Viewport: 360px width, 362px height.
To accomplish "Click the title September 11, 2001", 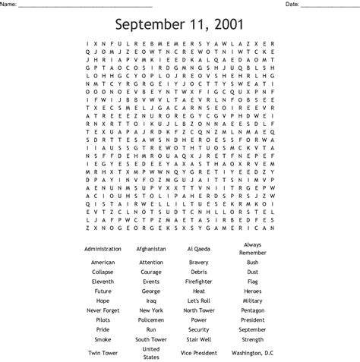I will [x=179, y=24].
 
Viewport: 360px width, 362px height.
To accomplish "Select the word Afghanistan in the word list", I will [x=151, y=248].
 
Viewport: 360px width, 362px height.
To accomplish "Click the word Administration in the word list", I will [x=103, y=248].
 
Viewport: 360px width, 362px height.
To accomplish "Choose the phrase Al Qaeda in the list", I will [x=199, y=248].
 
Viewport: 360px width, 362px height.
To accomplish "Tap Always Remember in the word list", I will [x=252, y=248].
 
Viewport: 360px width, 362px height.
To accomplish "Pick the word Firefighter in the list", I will [x=199, y=281].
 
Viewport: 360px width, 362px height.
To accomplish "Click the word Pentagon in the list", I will [x=252, y=310].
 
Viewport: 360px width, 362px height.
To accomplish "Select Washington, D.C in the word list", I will [x=252, y=353].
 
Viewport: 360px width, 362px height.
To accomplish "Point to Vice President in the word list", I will [x=199, y=353].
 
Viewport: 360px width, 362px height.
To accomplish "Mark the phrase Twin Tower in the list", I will [x=103, y=353].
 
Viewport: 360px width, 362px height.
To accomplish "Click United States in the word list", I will [x=151, y=353].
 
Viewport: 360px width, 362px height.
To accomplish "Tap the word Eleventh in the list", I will [x=103, y=281].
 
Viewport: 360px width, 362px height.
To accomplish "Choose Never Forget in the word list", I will [x=103, y=310].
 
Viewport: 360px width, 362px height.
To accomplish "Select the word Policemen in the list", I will [x=151, y=320].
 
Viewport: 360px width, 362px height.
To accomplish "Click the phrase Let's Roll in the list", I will [x=199, y=301].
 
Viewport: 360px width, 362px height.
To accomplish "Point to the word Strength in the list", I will [x=252, y=338].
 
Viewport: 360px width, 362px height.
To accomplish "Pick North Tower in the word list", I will [x=199, y=310].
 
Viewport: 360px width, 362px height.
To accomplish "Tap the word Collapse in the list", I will [x=103, y=272].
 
